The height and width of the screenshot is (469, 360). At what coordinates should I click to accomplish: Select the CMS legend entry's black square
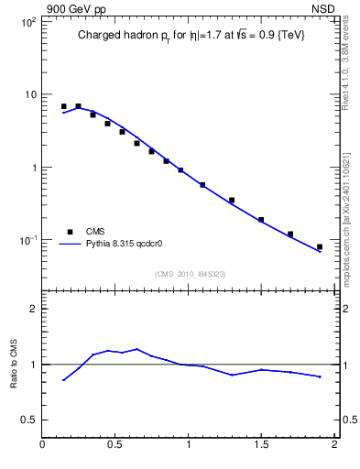pos(70,232)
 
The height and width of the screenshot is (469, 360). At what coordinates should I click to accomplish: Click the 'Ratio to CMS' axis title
pos(13,365)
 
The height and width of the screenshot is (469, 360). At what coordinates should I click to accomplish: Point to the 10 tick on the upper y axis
pos(29,95)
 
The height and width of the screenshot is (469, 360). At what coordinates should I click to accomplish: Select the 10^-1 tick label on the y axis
pos(27,241)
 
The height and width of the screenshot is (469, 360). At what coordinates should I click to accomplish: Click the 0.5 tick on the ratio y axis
pos(29,420)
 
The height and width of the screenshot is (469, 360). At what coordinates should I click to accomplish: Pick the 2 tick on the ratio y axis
pos(33,310)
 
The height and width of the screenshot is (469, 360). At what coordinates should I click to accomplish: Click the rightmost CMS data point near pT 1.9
pos(320,246)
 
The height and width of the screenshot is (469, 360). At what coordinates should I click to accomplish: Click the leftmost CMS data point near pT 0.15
pos(63,106)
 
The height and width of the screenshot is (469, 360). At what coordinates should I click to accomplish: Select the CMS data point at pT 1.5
pos(261,220)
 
